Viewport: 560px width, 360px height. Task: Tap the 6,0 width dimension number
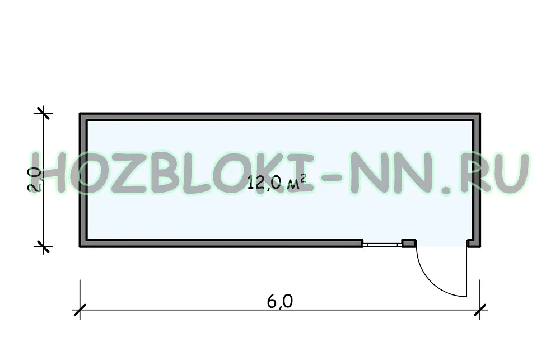[x=280, y=301]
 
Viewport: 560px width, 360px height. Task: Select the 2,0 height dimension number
[x=35, y=180]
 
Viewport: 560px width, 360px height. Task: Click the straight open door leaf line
[x=466, y=272]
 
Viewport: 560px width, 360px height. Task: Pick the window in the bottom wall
[x=382, y=245]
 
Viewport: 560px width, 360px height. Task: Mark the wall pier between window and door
[x=409, y=243]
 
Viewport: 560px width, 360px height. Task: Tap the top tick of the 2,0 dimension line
[x=43, y=113]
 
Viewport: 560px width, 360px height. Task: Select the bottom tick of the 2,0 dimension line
[x=43, y=246]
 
